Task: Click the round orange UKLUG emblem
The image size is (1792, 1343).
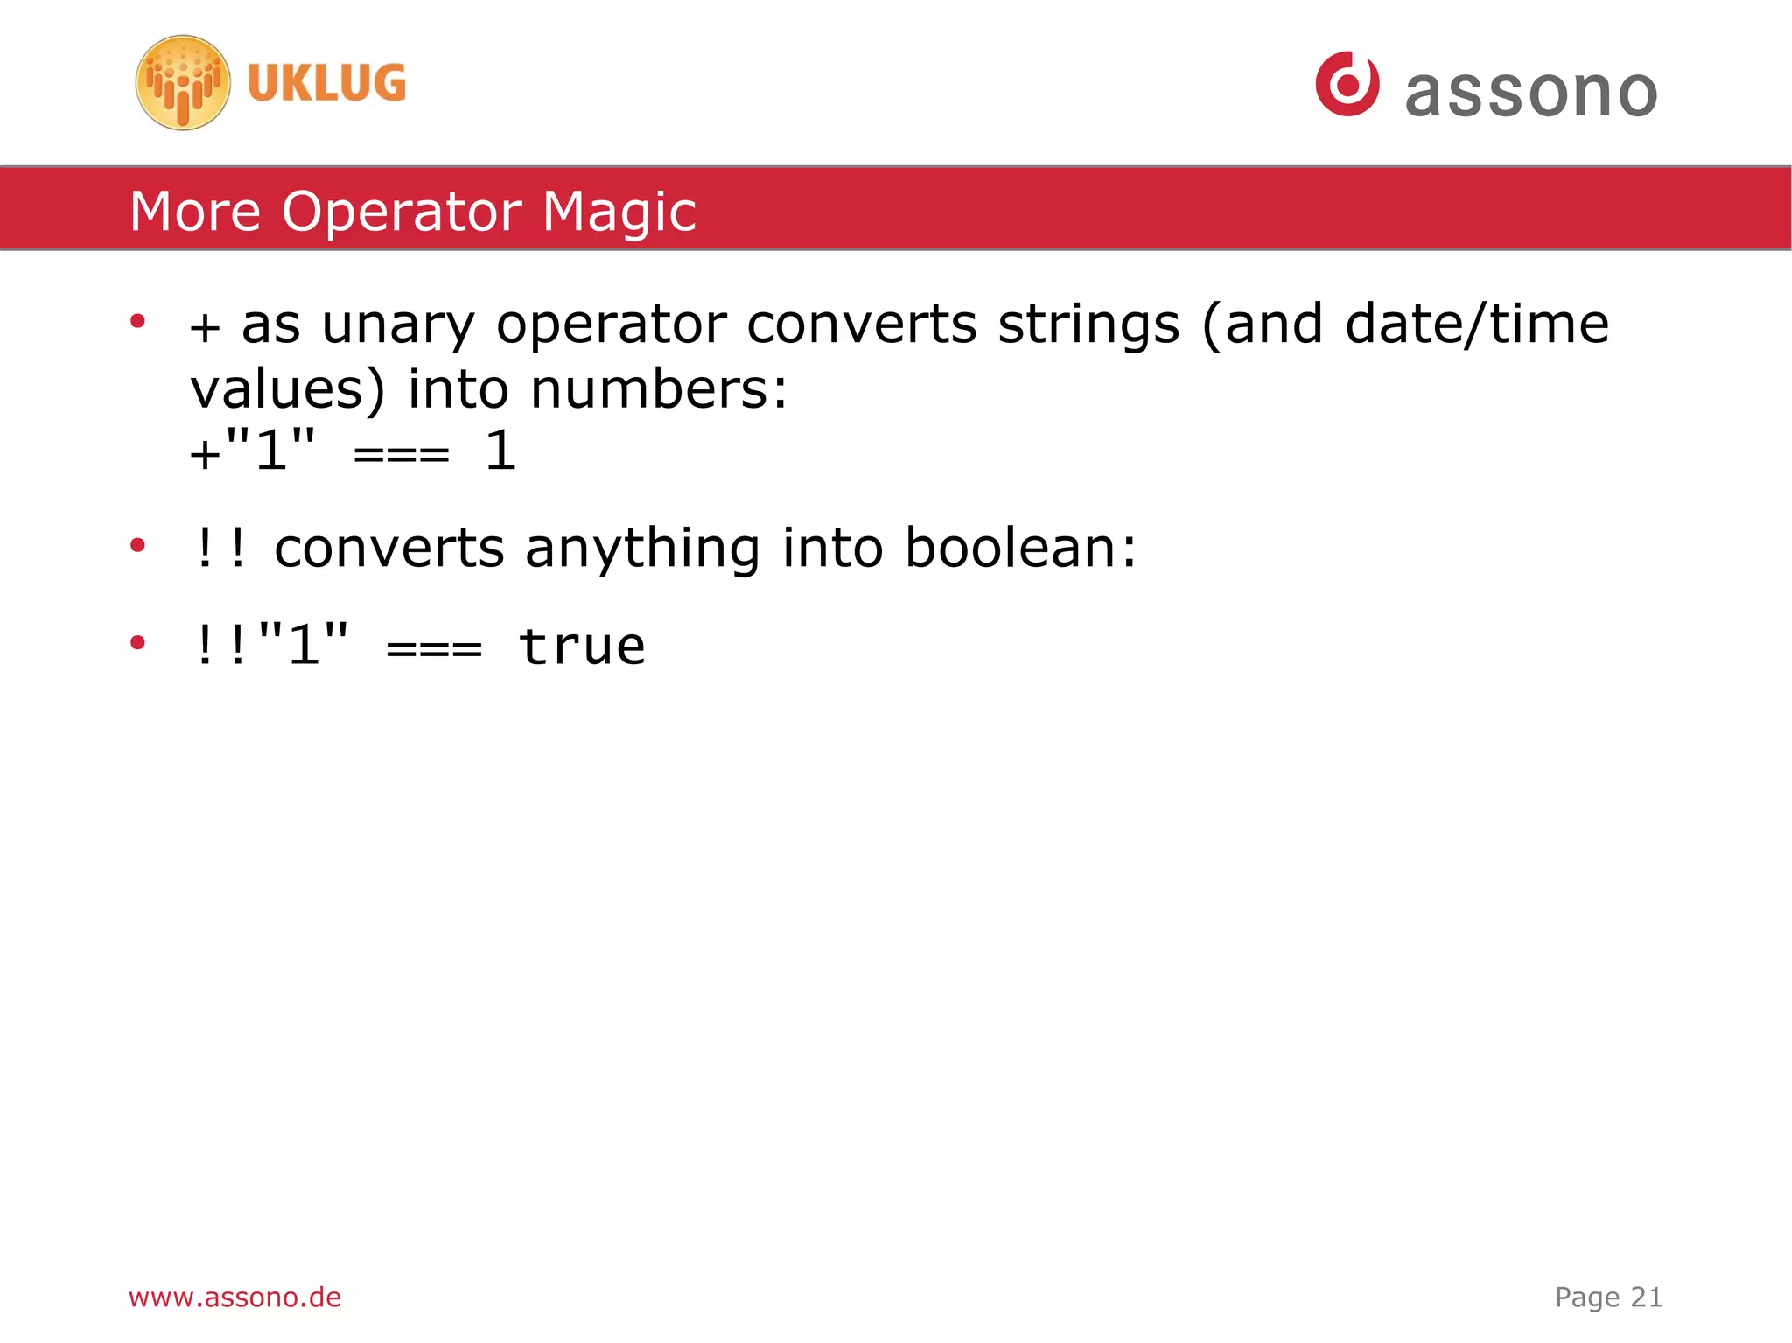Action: click(183, 83)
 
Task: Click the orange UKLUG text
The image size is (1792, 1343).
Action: click(326, 83)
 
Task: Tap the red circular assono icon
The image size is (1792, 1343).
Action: click(1347, 84)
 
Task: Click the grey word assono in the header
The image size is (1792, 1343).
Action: click(1531, 93)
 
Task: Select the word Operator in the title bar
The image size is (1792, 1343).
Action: click(402, 212)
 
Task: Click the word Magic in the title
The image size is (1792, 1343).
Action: click(619, 212)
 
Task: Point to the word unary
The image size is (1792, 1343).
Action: click(398, 325)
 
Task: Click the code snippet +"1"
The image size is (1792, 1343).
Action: click(253, 451)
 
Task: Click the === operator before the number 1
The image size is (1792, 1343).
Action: click(402, 454)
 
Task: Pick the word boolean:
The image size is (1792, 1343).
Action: click(1020, 549)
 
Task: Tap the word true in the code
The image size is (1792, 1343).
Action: click(582, 647)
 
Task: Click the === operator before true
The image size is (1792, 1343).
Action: click(434, 649)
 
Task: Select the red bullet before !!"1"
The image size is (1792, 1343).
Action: click(137, 643)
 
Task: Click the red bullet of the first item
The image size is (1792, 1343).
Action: click(137, 322)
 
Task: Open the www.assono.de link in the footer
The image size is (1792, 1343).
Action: click(234, 1297)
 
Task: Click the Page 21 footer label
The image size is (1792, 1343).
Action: click(1608, 1297)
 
